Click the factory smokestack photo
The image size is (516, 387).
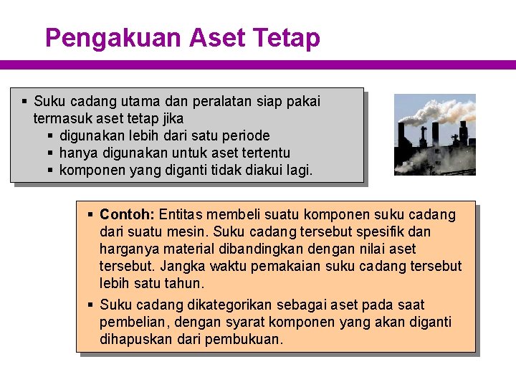click(x=435, y=135)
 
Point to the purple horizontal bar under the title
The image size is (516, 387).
click(x=258, y=64)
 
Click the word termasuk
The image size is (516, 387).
click(x=62, y=118)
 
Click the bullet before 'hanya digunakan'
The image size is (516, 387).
click(x=51, y=153)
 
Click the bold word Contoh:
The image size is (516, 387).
click(x=128, y=214)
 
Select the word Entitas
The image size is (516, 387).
click(x=183, y=214)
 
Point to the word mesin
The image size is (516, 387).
click(x=187, y=231)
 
